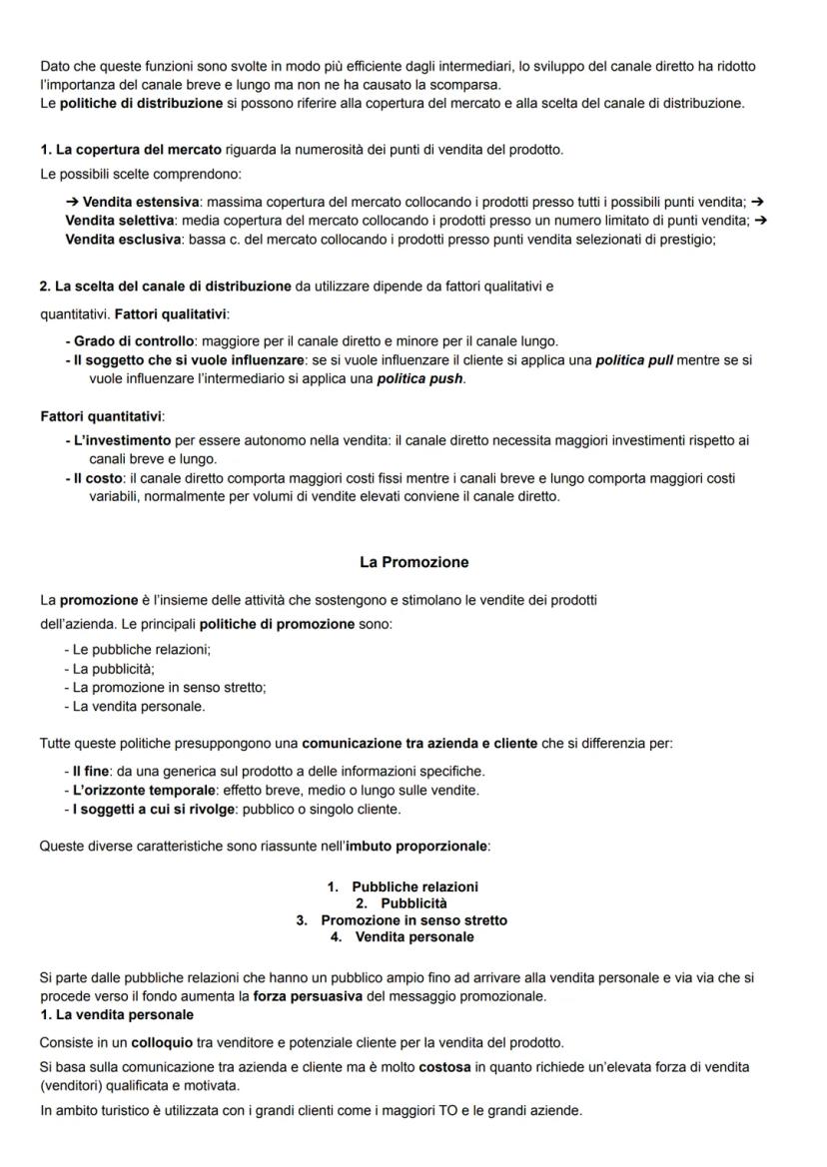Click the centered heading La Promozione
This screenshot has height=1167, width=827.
413,562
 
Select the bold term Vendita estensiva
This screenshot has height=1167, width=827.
140,203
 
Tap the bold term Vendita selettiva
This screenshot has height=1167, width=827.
120,220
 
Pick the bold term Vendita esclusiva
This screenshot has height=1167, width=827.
122,239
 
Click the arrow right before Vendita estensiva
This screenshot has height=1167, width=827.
73,203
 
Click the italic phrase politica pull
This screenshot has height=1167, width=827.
634,359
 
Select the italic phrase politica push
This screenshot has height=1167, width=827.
419,379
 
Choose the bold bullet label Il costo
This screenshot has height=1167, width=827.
98,478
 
